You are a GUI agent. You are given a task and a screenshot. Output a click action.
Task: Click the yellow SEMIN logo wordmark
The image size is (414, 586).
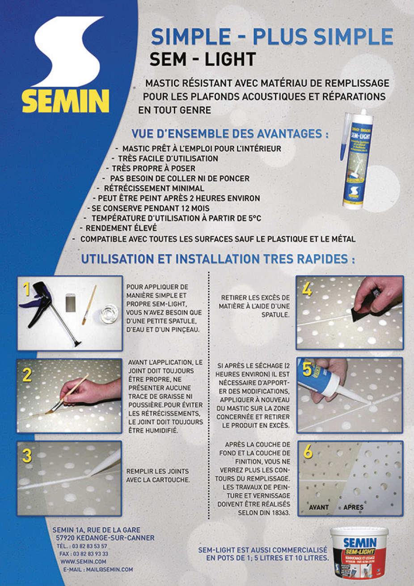pyautogui.click(x=66, y=101)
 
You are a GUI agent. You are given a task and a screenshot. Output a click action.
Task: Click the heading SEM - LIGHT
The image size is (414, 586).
pyautogui.click(x=203, y=59)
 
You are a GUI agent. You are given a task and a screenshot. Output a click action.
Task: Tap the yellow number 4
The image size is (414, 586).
pyautogui.click(x=307, y=290)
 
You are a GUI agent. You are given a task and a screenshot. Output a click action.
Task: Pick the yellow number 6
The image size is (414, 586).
pyautogui.click(x=308, y=452)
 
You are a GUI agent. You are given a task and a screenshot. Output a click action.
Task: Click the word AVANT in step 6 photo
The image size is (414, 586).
pyautogui.click(x=319, y=507)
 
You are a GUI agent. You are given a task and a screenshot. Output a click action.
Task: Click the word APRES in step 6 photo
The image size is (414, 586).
pyautogui.click(x=353, y=507)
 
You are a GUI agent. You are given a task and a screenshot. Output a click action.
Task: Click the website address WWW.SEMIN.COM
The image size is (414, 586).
pyautogui.click(x=83, y=561)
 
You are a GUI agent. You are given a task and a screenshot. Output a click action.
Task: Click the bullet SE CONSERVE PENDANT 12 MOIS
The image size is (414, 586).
pyautogui.click(x=150, y=208)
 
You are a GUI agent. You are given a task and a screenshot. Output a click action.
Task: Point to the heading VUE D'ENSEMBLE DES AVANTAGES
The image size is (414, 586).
pyautogui.click(x=230, y=134)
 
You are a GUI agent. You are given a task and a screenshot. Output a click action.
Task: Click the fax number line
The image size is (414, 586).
pyautogui.click(x=84, y=554)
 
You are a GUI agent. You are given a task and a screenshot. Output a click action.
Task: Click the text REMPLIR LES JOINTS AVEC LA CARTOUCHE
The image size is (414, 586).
pyautogui.click(x=158, y=476)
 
